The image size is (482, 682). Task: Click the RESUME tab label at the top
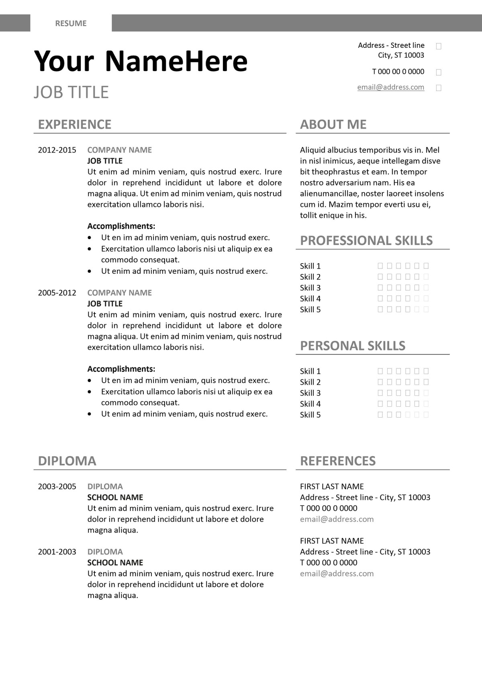tap(71, 23)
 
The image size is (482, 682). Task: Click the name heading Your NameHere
tap(141, 61)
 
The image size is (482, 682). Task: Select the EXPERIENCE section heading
tap(74, 125)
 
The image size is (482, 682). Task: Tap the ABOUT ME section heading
tap(333, 125)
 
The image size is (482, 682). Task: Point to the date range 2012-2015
tap(57, 150)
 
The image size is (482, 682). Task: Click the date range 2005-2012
tap(57, 293)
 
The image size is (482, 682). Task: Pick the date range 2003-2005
tap(57, 486)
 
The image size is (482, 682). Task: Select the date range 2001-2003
tap(57, 551)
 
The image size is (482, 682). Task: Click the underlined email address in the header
tap(390, 87)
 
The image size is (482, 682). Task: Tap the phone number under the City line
tap(398, 72)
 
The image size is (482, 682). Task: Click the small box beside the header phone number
tap(439, 72)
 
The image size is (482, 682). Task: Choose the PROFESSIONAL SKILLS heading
tap(366, 241)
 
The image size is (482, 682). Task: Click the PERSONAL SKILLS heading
tap(353, 346)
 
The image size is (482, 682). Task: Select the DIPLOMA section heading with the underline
tap(67, 461)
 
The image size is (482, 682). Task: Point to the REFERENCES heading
tap(338, 461)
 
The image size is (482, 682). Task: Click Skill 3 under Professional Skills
tap(310, 288)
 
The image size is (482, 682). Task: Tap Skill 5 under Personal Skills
tap(310, 415)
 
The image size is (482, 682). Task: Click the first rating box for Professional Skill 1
tap(380, 266)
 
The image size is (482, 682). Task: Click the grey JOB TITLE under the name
tap(71, 92)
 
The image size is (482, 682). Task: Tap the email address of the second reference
tap(337, 573)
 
